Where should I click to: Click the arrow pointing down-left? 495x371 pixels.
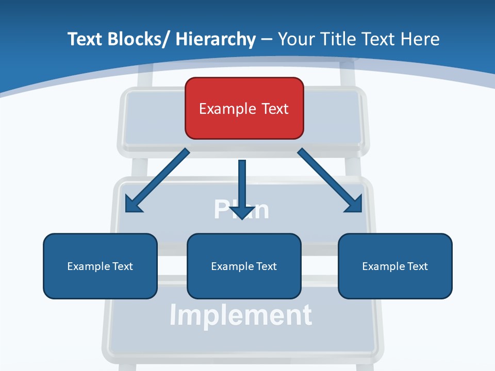157,180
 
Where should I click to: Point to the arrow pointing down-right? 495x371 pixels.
330,180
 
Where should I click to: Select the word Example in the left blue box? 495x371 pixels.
86,266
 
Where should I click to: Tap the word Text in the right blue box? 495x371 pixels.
416,266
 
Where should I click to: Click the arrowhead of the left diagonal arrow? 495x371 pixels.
133,205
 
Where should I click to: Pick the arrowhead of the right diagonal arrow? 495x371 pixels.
355,205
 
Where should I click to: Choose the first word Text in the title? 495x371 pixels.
86,39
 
